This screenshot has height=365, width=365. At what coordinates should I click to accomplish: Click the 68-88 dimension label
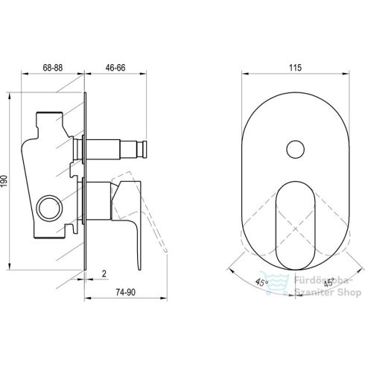(53, 68)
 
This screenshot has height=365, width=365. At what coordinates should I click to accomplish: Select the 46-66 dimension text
(115, 68)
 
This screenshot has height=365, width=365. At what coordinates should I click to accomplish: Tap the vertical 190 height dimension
(5, 181)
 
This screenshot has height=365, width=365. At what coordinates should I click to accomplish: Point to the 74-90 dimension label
(126, 292)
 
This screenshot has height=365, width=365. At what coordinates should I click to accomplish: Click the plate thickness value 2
(104, 273)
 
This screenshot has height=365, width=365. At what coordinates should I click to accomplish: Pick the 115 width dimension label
(295, 68)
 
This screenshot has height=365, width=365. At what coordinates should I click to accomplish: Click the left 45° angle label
(261, 282)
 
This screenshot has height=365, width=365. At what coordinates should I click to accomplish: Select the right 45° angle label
(329, 282)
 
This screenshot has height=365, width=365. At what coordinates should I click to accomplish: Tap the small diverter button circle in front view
(296, 149)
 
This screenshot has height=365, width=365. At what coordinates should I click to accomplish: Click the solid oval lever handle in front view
(295, 226)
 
